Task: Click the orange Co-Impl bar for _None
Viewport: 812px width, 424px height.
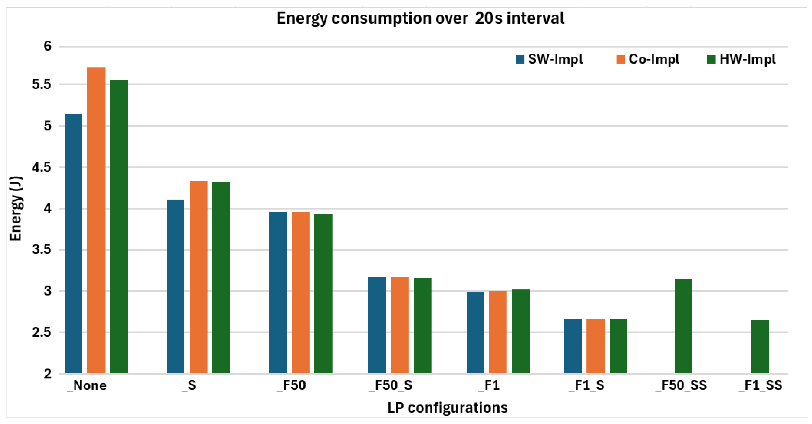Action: point(96,220)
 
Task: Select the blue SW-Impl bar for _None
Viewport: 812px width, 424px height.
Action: point(73,243)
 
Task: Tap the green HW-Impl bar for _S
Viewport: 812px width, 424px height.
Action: point(221,278)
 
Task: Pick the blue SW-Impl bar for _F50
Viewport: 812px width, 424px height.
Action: point(278,292)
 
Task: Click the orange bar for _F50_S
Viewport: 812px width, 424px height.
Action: point(400,325)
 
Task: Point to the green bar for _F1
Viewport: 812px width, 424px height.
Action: point(521,331)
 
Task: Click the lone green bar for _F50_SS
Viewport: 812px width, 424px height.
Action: point(683,326)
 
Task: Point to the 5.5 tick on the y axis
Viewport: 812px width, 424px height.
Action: point(42,84)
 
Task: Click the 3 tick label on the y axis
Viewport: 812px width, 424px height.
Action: point(48,291)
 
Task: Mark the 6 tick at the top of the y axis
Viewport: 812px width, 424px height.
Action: point(48,46)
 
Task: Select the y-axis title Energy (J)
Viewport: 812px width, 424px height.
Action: point(16,209)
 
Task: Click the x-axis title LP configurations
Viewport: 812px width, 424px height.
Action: point(448,408)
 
